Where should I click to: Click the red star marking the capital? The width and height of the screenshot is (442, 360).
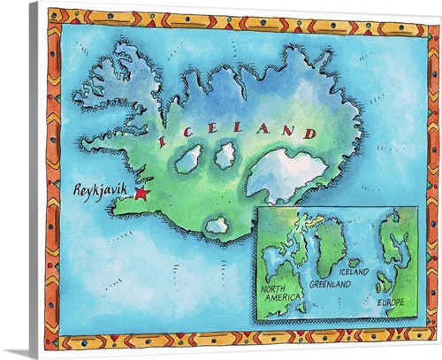point(140,194)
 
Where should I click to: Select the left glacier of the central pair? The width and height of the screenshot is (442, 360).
point(188,160)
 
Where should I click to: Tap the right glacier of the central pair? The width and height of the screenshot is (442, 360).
point(225,156)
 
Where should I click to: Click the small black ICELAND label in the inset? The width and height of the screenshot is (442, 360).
point(353,274)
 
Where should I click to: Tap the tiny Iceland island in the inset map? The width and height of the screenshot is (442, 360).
point(354,263)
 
